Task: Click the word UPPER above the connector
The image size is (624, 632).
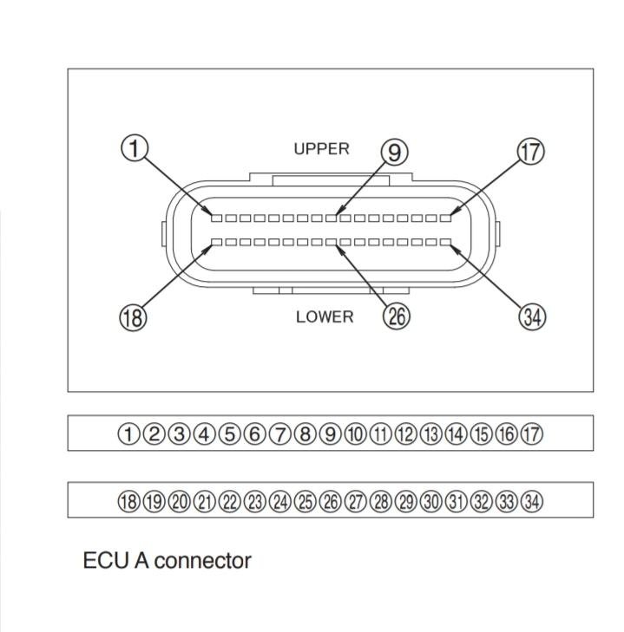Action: [x=321, y=149]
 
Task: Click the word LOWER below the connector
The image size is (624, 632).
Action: [x=325, y=316]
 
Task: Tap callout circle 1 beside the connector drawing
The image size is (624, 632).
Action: [x=132, y=148]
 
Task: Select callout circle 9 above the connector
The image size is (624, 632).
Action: [x=395, y=153]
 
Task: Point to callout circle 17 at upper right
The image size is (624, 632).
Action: [x=530, y=151]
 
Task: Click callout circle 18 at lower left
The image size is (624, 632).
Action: [x=132, y=316]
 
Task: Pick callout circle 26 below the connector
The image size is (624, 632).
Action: [x=397, y=316]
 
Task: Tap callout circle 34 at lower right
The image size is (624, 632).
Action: [x=531, y=317]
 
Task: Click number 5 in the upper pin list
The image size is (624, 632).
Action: [x=229, y=433]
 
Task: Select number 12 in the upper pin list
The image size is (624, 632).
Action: [x=405, y=433]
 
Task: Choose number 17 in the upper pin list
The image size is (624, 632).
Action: [x=531, y=433]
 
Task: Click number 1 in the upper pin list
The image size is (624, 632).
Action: [x=128, y=433]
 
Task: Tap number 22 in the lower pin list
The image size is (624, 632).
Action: [x=229, y=500]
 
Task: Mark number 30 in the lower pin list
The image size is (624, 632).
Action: [x=430, y=500]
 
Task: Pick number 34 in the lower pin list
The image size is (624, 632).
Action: [x=531, y=500]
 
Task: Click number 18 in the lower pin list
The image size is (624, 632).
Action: [x=128, y=500]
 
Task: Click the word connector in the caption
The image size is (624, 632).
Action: [x=204, y=561]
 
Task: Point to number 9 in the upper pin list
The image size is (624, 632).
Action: [x=330, y=433]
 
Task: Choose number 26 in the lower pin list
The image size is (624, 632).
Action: [x=330, y=500]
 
